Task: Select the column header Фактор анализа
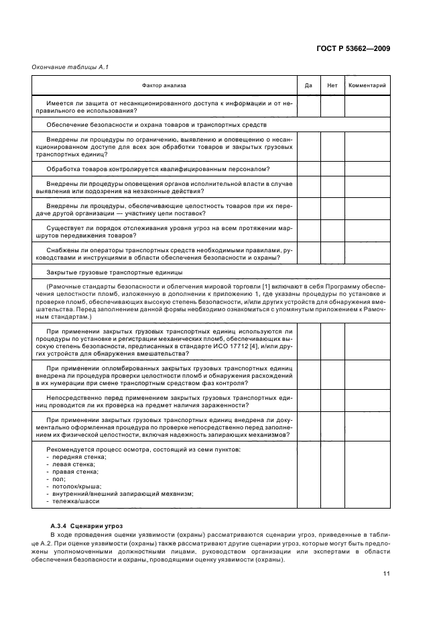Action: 164,85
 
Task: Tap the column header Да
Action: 308,85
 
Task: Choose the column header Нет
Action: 332,85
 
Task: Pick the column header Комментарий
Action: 367,85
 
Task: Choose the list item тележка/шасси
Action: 74,501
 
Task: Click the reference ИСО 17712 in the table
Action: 235,345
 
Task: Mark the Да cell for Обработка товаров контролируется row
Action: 308,168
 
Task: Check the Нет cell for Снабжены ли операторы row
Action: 332,254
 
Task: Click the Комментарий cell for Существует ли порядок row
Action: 367,232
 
